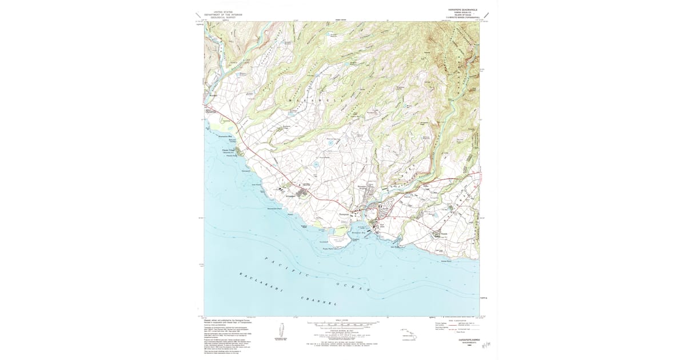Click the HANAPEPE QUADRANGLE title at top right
pyautogui.click(x=458, y=10)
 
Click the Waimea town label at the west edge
pyautogui.click(x=213, y=95)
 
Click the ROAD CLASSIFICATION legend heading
pyautogui.click(x=451, y=320)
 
